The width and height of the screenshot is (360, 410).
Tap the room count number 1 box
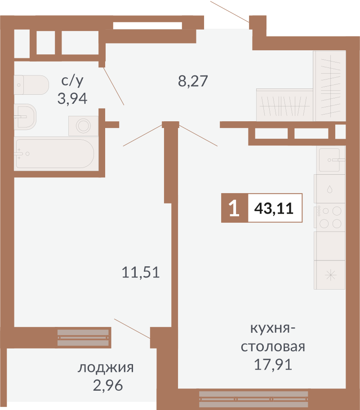tap(234, 208)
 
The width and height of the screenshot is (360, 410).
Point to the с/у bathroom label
tap(72, 81)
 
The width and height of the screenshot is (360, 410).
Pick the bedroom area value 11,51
tap(141, 272)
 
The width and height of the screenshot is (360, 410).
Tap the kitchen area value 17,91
tap(273, 364)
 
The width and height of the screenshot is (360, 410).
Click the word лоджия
tap(106, 368)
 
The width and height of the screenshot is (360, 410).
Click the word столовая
tap(273, 347)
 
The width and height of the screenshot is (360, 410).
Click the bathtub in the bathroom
tap(54, 154)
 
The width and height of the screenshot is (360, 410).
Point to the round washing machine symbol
tap(83, 125)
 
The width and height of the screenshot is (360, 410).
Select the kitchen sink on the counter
tap(330, 160)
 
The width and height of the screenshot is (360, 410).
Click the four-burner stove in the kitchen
tap(330, 216)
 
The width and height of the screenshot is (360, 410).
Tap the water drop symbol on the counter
tap(330, 189)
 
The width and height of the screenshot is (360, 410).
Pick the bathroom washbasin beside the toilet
tap(25, 116)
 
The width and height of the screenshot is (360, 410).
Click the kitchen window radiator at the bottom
tap(253, 397)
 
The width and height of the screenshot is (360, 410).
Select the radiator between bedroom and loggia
tap(84, 338)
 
